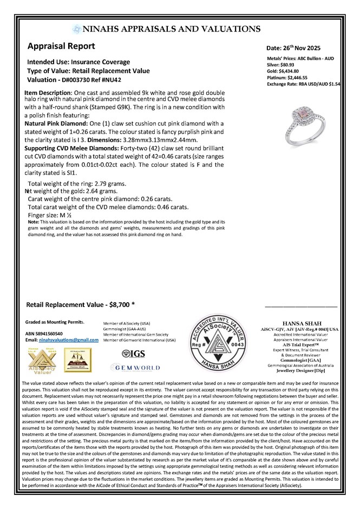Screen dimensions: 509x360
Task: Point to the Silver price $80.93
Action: coord(291,64)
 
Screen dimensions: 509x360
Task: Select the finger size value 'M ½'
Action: coord(60,215)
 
